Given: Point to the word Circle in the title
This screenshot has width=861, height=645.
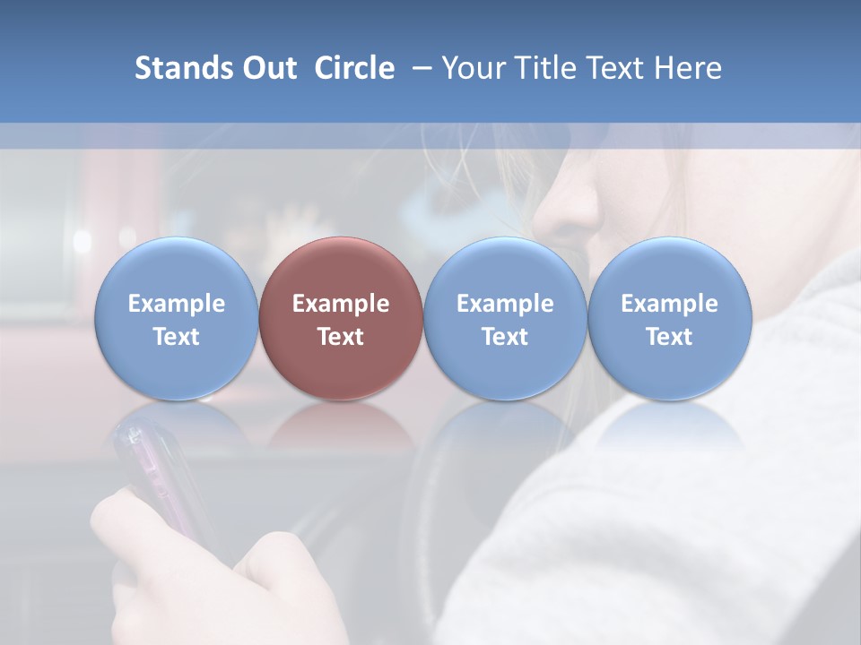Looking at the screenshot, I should click(x=354, y=68).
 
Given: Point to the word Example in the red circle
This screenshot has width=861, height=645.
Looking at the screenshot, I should click(x=341, y=304).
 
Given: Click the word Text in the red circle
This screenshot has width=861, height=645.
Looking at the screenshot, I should click(x=341, y=337).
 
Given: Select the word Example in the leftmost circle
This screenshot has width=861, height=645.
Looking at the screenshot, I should click(x=177, y=304).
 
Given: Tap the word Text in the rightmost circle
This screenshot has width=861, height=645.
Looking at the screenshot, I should click(x=669, y=337).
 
